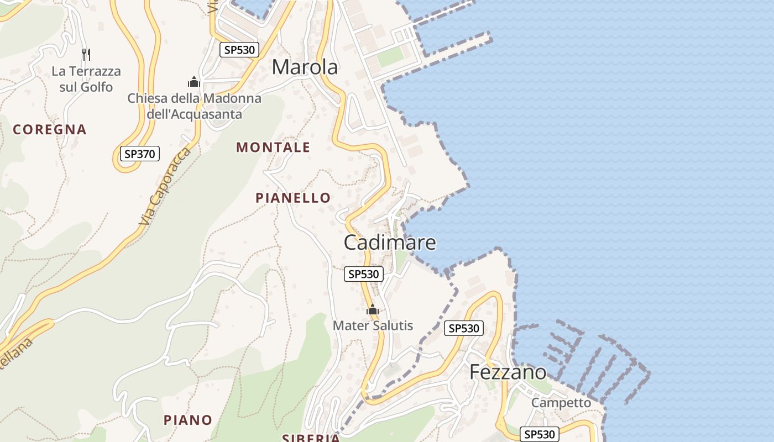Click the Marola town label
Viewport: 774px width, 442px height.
[305, 67]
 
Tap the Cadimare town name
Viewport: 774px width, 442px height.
[390, 243]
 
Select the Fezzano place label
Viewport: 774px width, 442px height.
[508, 372]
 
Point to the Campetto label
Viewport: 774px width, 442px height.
[561, 403]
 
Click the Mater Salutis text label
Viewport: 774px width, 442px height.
[373, 325]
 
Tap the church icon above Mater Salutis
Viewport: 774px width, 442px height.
[373, 309]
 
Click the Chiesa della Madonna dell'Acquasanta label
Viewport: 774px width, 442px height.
[194, 106]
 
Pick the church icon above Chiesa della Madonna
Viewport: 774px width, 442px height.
[194, 82]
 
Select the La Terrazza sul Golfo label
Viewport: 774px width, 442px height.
[86, 79]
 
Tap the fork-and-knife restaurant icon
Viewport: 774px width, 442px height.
[86, 54]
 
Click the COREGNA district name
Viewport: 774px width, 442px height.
[50, 130]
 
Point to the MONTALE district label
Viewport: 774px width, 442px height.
[273, 148]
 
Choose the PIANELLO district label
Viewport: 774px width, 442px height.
[293, 198]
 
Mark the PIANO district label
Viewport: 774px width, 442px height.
[188, 420]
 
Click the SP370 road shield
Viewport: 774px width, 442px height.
[140, 154]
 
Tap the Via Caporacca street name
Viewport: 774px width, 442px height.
[165, 186]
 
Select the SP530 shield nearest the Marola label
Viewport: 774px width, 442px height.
[239, 50]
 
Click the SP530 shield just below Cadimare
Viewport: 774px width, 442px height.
[364, 273]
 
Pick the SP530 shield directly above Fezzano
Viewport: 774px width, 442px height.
[464, 328]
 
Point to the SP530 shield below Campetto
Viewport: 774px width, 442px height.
[540, 434]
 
